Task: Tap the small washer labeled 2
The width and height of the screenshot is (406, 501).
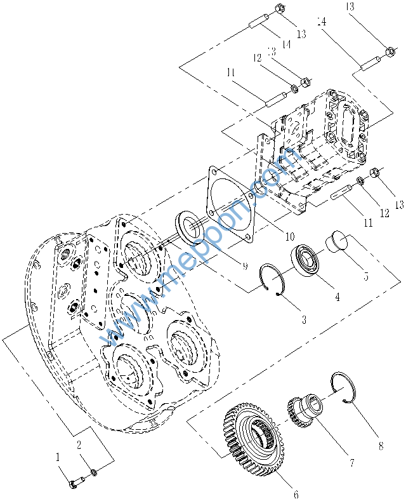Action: point(94,472)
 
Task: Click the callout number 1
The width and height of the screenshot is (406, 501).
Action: point(58,456)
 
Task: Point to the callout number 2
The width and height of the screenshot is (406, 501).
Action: point(79,444)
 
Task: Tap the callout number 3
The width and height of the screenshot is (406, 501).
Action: point(304,321)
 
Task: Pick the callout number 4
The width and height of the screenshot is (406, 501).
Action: point(337,297)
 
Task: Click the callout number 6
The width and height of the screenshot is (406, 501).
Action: point(296,493)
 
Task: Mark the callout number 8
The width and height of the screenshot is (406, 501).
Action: point(380,446)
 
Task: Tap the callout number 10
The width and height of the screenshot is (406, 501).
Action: point(289,236)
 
